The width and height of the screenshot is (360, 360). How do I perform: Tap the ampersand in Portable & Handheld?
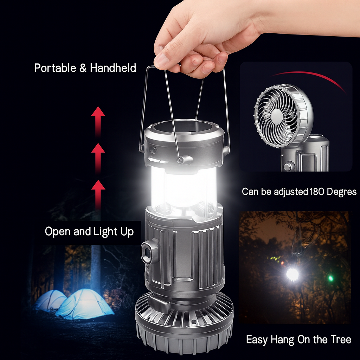pyautogui.click(x=83, y=68)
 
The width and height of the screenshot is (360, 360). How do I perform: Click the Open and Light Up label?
pyautogui.click(x=89, y=232)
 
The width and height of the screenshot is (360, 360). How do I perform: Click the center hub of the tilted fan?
pyautogui.click(x=277, y=116)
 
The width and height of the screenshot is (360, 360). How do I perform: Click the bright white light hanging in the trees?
pyautogui.click(x=292, y=274)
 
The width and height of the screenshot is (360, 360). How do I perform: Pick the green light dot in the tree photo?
pyautogui.click(x=330, y=278)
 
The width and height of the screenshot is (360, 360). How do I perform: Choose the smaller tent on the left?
pyautogui.click(x=50, y=300)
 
